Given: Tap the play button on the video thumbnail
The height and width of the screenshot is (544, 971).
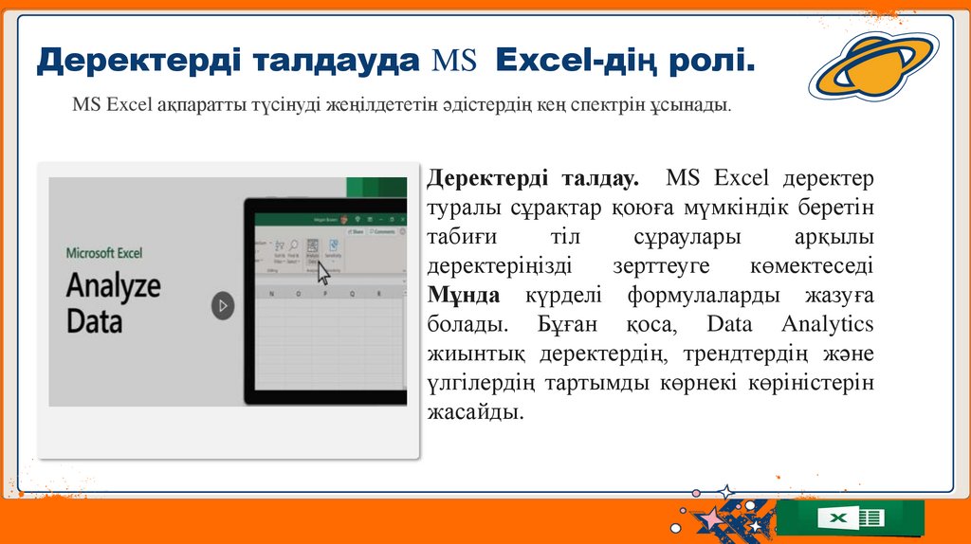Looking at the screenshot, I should pos(222,306).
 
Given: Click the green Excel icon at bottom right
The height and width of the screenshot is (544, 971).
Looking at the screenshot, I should pos(850,518).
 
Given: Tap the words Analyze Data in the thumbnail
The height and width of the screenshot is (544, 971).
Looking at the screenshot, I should pos(114,302).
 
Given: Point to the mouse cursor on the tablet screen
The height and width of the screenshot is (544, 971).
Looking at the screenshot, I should pos(322,273).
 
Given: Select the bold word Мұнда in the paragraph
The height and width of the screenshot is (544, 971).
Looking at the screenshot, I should pos(464,295).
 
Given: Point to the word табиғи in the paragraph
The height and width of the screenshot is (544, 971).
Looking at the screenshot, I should pos(462,236).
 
